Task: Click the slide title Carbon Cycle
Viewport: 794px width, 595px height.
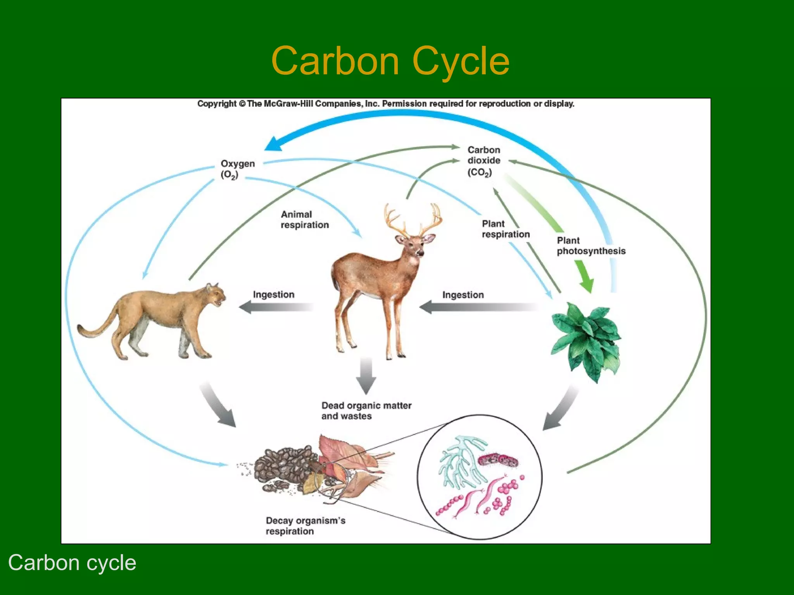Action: point(390,61)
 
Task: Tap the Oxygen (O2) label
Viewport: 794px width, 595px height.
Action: point(237,169)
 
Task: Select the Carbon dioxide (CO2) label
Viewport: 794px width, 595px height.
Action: point(483,161)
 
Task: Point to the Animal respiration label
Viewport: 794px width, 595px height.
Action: point(304,220)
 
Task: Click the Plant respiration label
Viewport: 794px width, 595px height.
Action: point(505,229)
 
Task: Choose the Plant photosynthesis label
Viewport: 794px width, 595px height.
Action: point(590,246)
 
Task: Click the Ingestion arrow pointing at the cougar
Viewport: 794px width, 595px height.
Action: point(275,307)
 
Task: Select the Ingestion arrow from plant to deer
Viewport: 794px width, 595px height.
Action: point(477,308)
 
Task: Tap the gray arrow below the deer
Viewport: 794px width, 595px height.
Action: point(366,376)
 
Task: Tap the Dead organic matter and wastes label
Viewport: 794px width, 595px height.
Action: point(366,411)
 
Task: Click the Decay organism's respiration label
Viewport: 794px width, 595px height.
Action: point(305,526)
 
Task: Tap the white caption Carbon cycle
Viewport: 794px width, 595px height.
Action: point(72,563)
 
